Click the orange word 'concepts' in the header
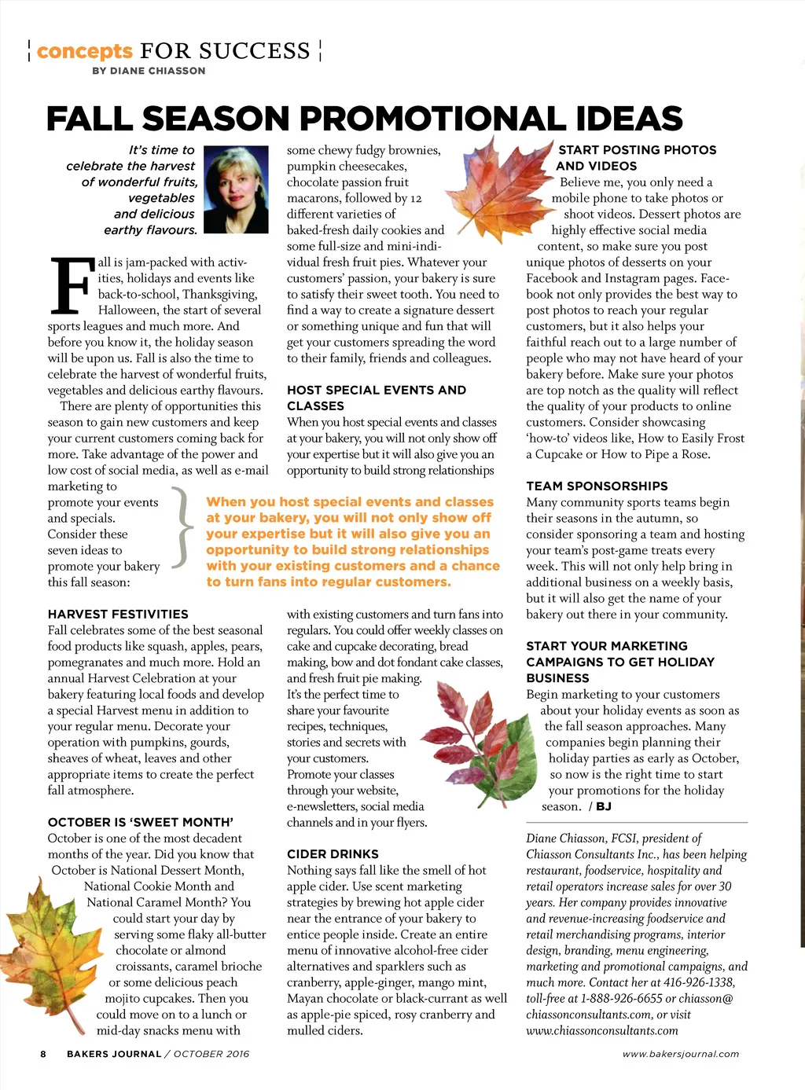click(84, 52)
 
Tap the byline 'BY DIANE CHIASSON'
click(149, 71)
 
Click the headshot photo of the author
click(236, 189)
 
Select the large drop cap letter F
click(70, 286)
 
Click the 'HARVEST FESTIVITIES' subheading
click(118, 614)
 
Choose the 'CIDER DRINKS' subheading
click(333, 853)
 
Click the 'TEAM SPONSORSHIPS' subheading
click(597, 486)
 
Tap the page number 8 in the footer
click(43, 1054)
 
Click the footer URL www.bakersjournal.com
click(681, 1054)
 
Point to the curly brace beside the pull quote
click(183, 527)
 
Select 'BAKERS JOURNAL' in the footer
click(114, 1054)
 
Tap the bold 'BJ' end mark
click(604, 806)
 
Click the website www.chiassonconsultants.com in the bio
click(602, 1030)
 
